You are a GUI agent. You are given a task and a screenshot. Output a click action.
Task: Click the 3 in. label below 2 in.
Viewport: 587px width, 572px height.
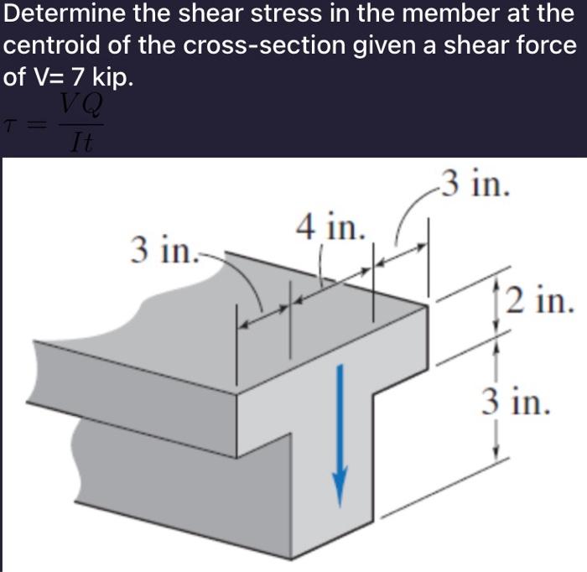[x=517, y=400]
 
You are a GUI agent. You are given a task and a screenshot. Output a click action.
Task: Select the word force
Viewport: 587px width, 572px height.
[x=544, y=45]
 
